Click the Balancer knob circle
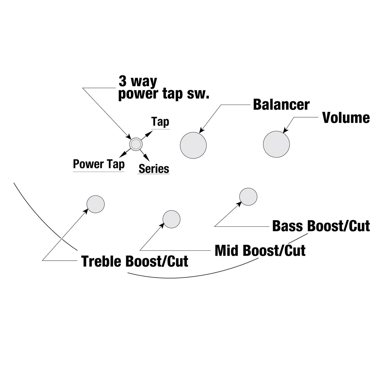tap(193, 145)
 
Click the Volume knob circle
tap(276, 144)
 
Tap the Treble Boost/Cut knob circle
tap(95, 204)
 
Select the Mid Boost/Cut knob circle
tap(171, 219)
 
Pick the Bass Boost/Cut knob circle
tap(248, 197)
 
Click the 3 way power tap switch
tap(136, 144)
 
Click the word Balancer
tap(281, 105)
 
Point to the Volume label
tap(346, 117)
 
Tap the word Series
tap(154, 169)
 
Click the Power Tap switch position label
tap(99, 164)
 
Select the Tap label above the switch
tap(160, 122)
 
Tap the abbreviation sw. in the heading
tap(198, 94)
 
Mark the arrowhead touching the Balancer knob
tap(202, 130)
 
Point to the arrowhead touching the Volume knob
tap(286, 130)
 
